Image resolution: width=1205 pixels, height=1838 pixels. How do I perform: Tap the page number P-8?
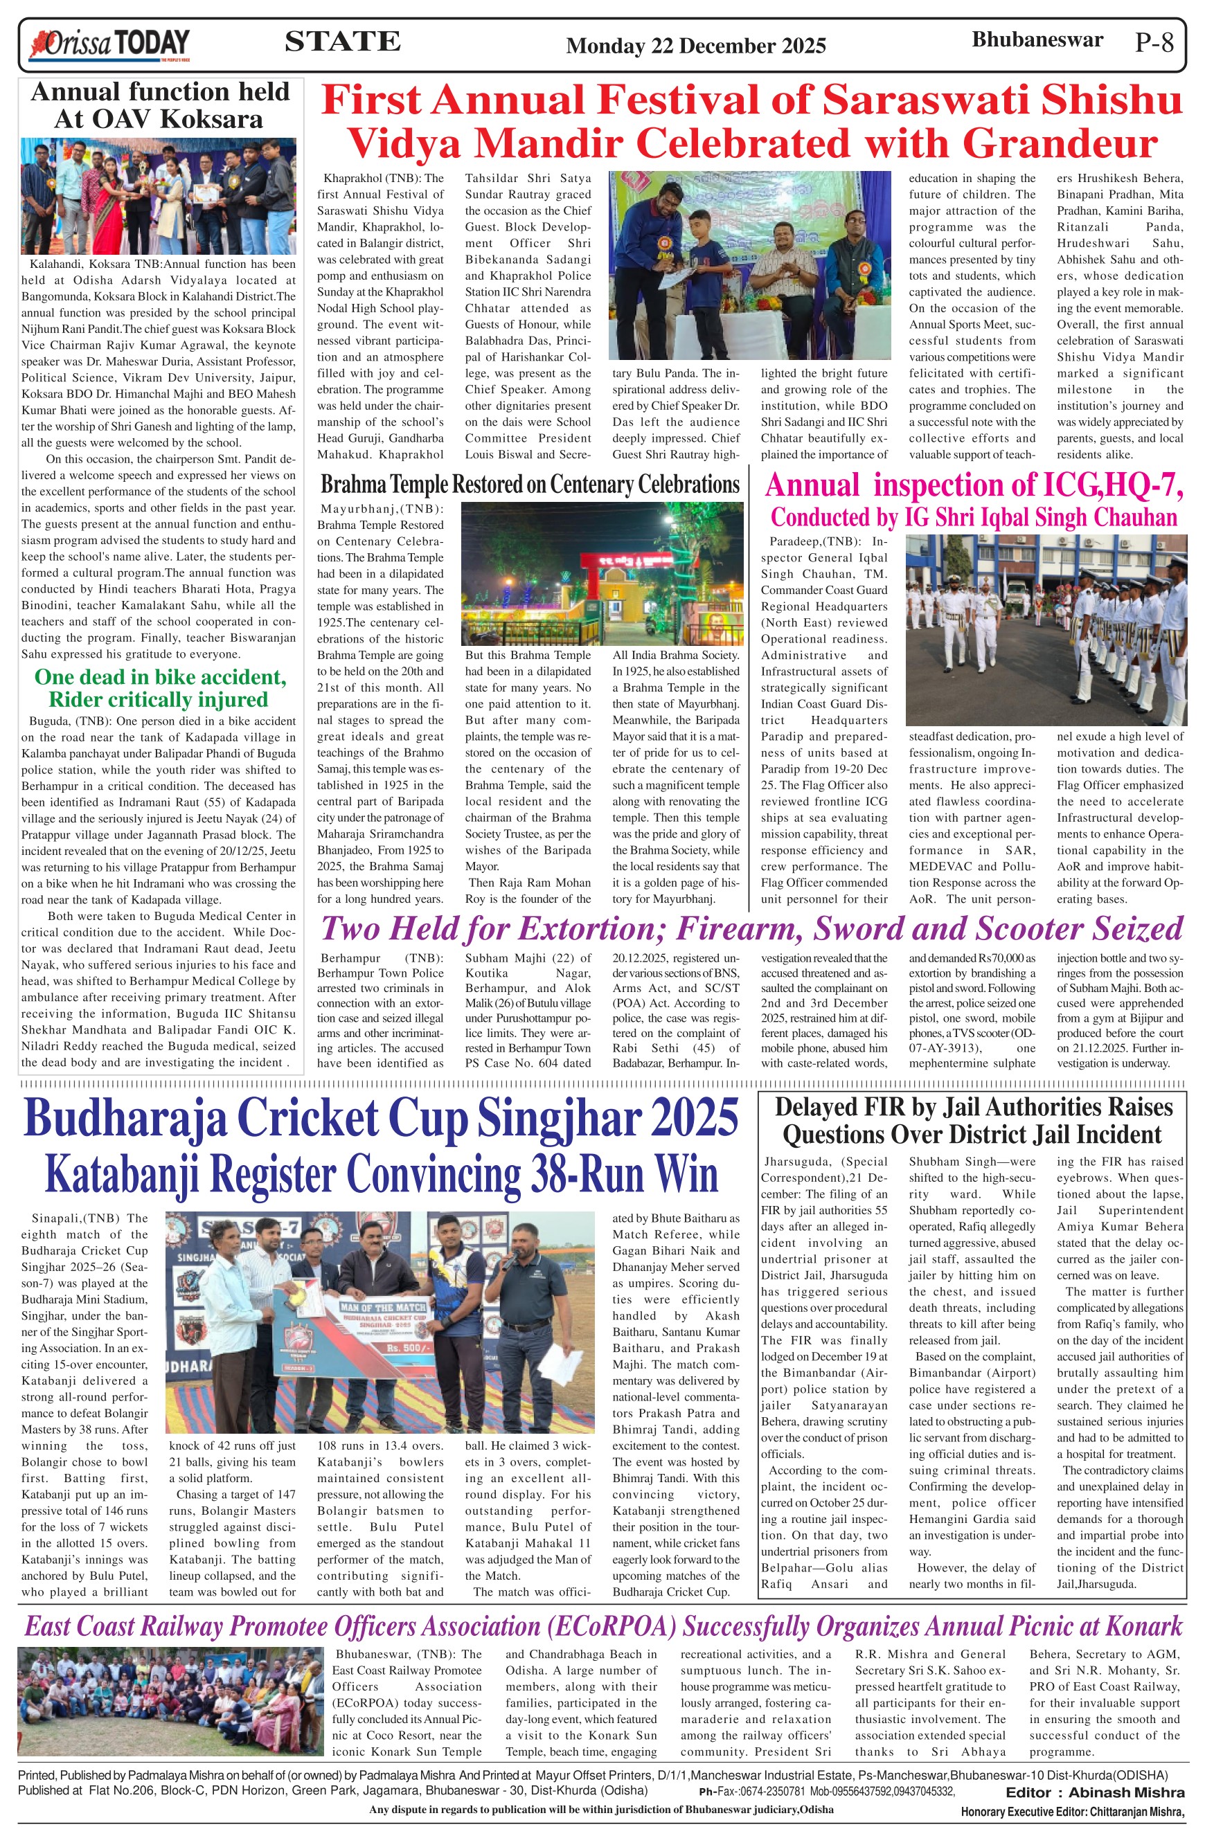[1154, 42]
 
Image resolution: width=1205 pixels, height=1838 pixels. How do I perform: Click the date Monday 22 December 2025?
[696, 46]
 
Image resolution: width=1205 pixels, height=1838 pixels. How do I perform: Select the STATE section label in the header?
[342, 41]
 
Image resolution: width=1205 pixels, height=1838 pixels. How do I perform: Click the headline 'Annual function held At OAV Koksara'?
[159, 106]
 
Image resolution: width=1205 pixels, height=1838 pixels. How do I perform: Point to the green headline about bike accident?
[159, 688]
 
